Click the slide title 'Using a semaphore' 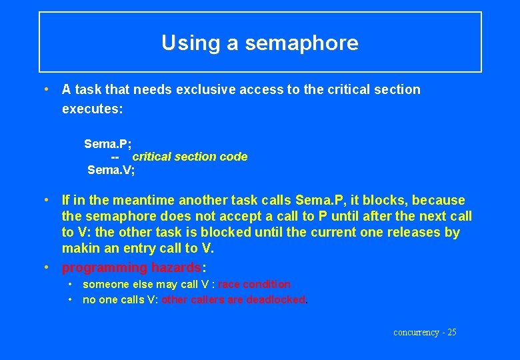click(260, 43)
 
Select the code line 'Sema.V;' click(111, 170)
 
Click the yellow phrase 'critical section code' click(189, 157)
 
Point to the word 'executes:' click(92, 108)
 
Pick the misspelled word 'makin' click(79, 248)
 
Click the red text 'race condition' click(254, 284)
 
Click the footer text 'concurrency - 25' click(425, 332)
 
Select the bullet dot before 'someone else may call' click(70, 284)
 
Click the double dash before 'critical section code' click(115, 157)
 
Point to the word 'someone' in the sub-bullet click(101, 284)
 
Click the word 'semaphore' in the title click(301, 43)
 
